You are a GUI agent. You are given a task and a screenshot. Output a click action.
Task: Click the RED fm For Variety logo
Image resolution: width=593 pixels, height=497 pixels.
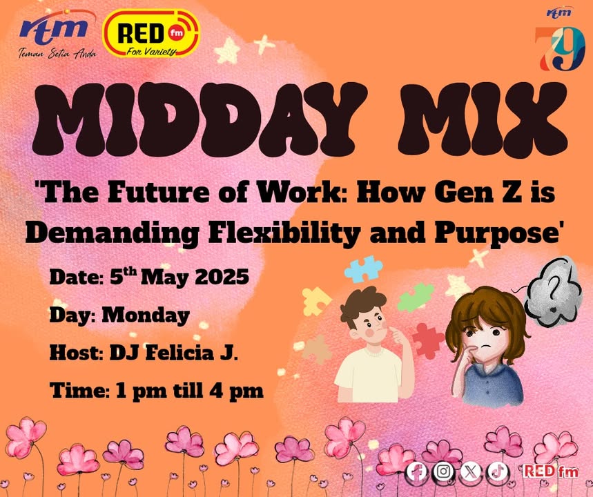151,33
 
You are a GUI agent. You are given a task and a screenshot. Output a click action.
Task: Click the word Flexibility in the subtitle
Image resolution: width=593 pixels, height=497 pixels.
284,233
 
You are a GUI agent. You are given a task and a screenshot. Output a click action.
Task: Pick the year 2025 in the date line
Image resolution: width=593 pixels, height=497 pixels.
222,277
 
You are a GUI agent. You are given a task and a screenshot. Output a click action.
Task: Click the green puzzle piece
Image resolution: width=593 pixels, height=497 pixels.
416,297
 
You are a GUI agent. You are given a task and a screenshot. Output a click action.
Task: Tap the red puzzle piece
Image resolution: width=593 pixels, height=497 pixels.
428,340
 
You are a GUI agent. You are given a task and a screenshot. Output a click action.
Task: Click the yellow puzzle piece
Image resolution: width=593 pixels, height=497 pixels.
315,301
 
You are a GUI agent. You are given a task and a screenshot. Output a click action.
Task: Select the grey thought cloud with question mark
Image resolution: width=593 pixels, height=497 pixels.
552,291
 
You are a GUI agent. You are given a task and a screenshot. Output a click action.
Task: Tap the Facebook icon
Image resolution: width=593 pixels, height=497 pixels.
416,471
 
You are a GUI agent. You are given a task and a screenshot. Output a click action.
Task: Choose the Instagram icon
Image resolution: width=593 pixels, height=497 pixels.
443,471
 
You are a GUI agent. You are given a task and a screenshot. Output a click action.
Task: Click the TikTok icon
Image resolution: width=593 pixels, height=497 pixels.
497,471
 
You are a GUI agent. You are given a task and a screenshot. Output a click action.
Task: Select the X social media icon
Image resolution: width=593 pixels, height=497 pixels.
471,471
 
